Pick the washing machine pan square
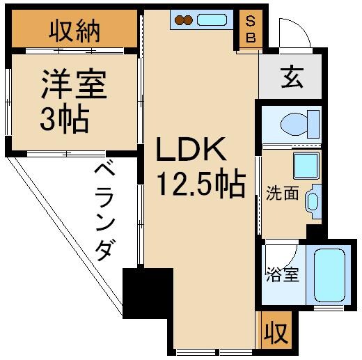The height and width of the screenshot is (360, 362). pos(304,166)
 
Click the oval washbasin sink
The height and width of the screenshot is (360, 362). pos(313,203)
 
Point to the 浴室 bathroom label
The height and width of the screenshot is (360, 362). pos(282,274)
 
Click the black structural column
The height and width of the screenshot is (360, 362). pos(148,292)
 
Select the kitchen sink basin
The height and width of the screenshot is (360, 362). pos(212,19)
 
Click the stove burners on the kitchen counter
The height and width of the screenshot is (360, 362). pos(184,20)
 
